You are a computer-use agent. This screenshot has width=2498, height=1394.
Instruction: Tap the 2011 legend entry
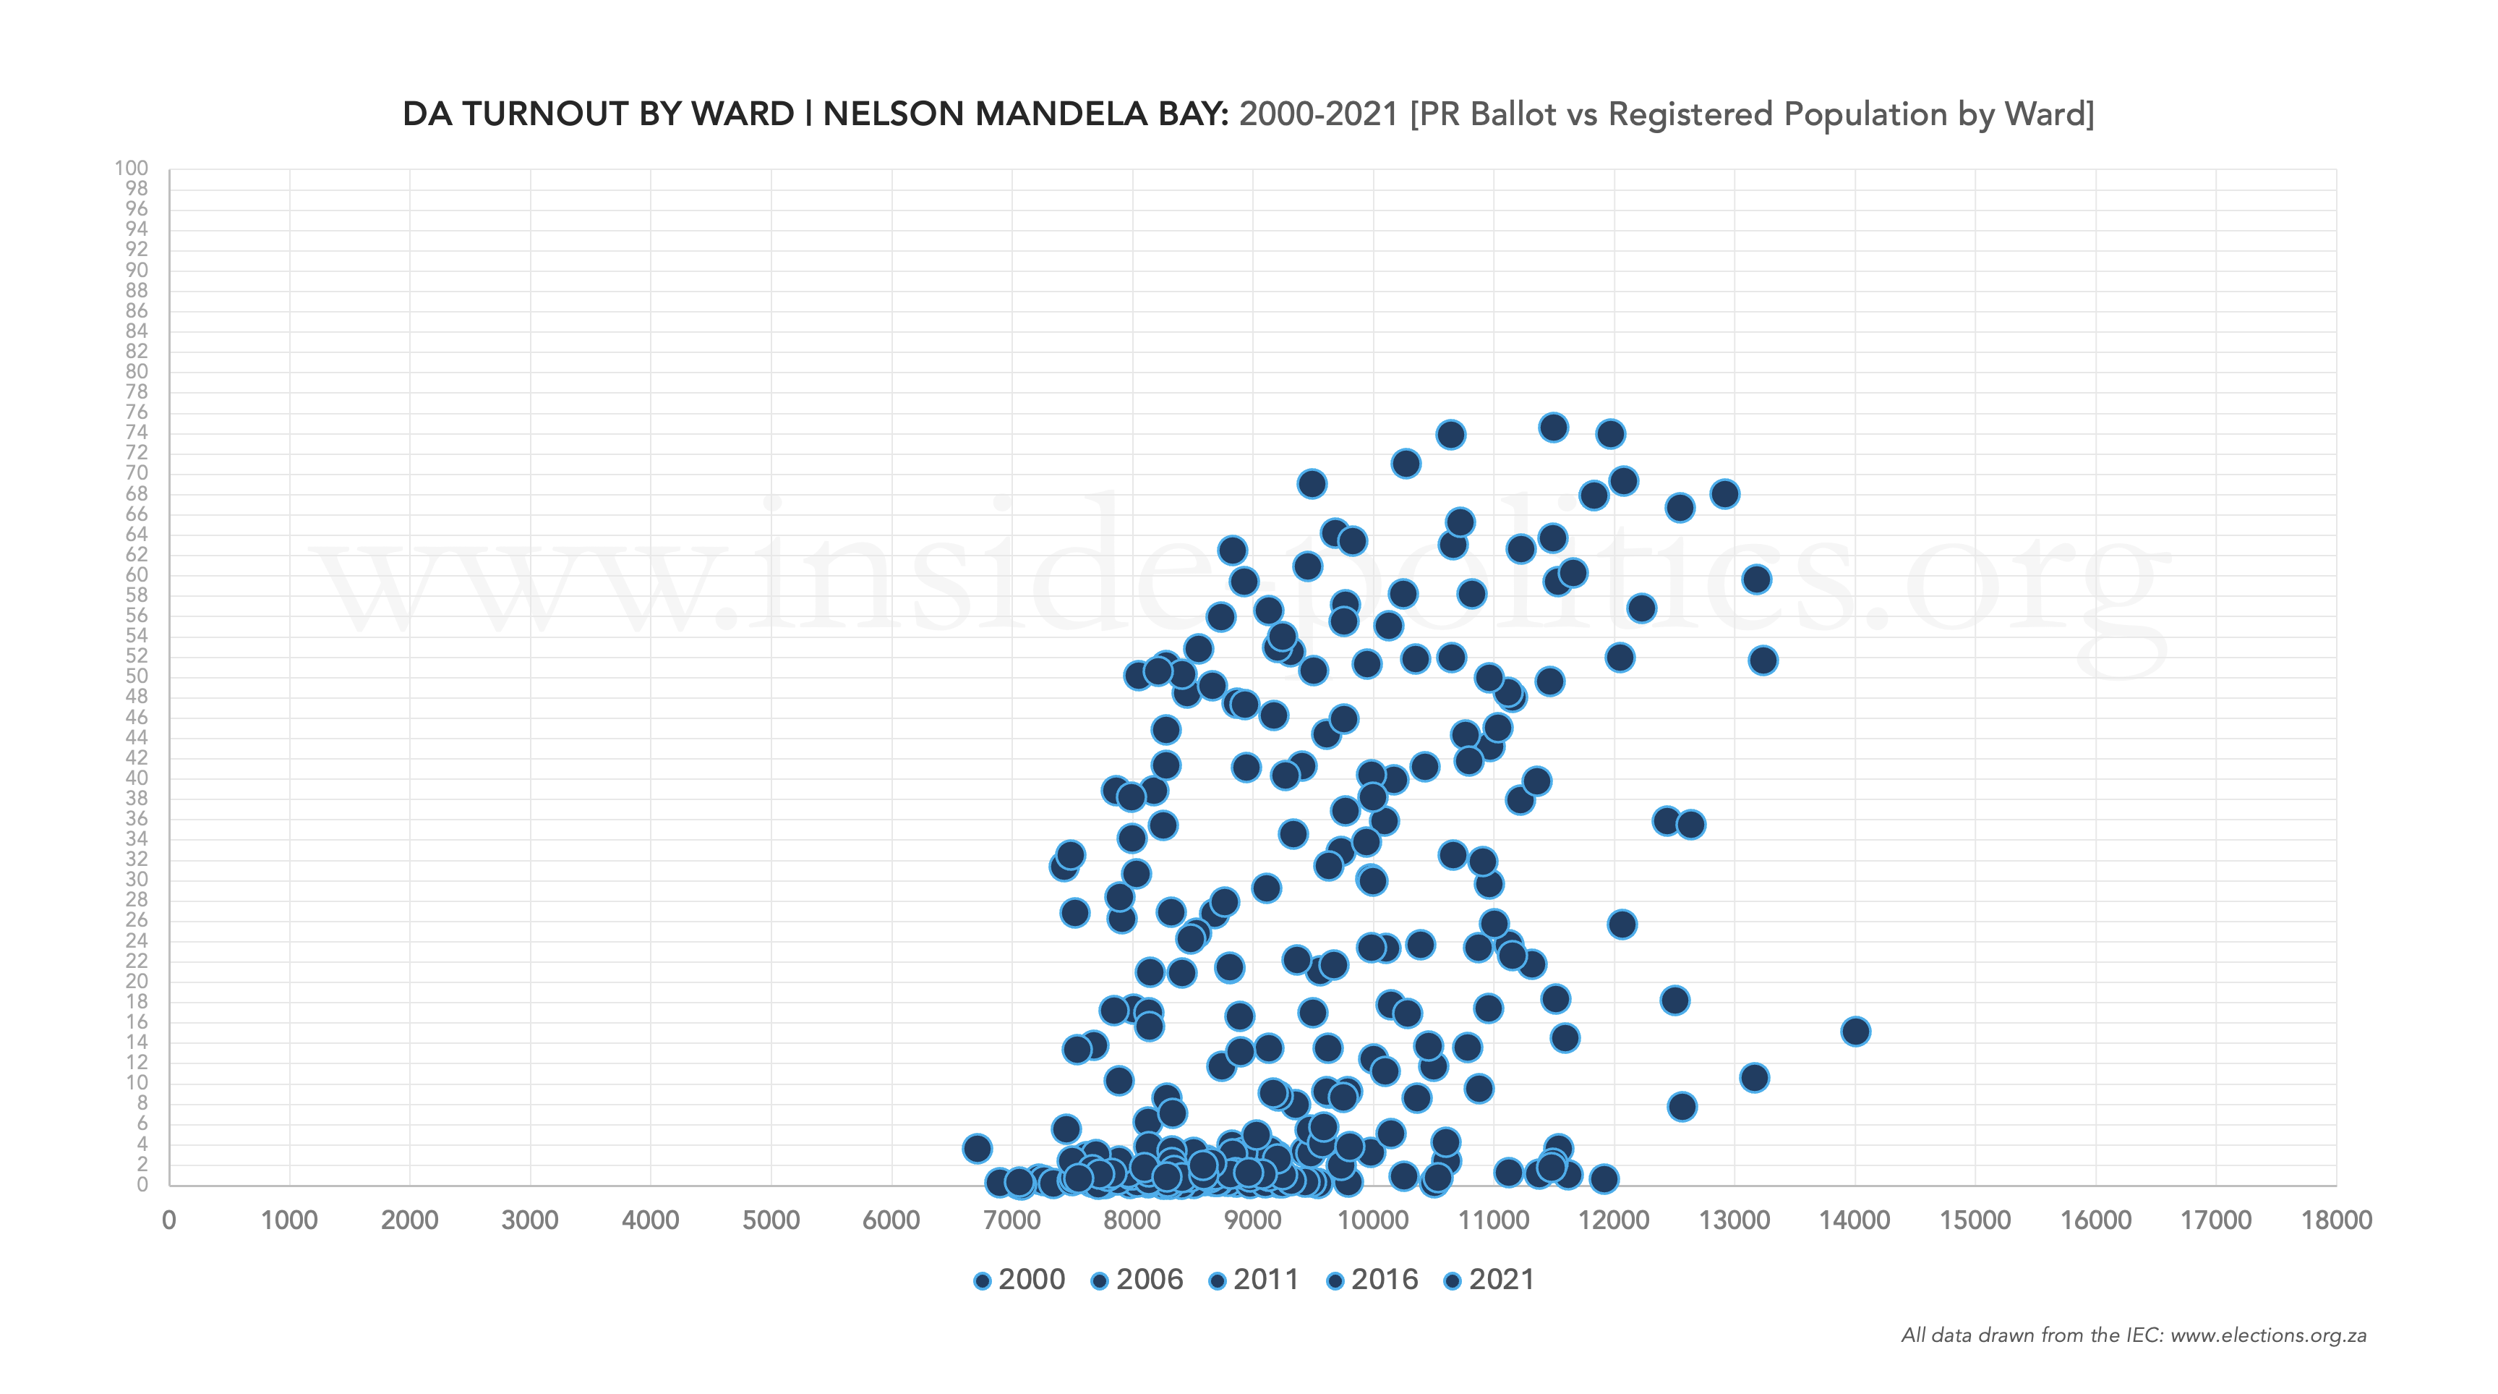click(x=1255, y=1280)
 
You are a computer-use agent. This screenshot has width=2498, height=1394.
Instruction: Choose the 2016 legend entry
click(x=1373, y=1280)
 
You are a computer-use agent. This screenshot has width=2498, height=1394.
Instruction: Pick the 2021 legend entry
click(x=1490, y=1280)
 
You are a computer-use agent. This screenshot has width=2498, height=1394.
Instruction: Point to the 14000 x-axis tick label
click(x=1854, y=1220)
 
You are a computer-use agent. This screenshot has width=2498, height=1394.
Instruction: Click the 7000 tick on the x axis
click(x=1011, y=1220)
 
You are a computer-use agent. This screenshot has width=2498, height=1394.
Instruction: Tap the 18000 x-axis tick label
click(x=2336, y=1220)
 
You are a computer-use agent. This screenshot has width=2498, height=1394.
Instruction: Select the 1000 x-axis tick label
click(x=289, y=1220)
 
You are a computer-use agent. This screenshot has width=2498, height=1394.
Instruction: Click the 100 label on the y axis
click(x=131, y=168)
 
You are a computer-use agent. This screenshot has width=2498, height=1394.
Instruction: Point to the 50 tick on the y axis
click(x=136, y=676)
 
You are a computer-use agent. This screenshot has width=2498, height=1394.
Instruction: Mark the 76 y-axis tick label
click(x=136, y=412)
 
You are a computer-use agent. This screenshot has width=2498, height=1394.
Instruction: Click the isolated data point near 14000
click(x=1854, y=1031)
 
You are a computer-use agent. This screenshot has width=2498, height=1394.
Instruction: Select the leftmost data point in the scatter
click(x=977, y=1149)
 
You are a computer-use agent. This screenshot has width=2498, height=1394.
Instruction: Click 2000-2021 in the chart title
click(x=1318, y=114)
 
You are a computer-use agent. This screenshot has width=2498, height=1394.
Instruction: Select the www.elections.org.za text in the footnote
click(x=2268, y=1336)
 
